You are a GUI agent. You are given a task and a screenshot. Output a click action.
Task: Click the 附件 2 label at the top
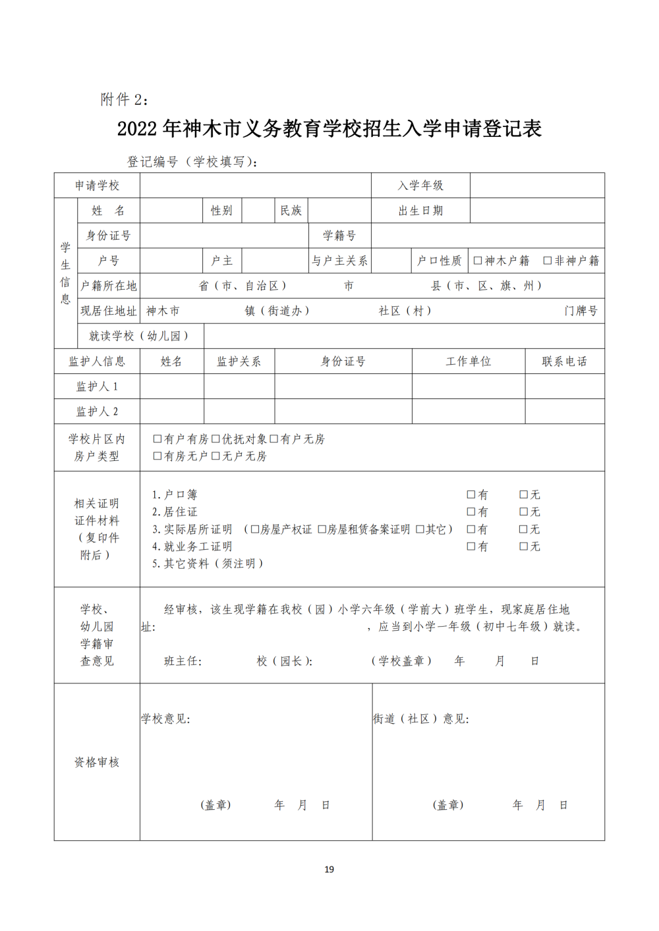point(124,99)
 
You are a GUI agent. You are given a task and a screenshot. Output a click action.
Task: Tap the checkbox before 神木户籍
point(478,261)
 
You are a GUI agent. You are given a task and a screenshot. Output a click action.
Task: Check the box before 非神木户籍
point(547,261)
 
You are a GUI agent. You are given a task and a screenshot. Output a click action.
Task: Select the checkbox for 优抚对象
point(215,439)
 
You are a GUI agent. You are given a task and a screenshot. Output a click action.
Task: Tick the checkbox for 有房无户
point(158,456)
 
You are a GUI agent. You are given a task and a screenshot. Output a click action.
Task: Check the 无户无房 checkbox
point(215,456)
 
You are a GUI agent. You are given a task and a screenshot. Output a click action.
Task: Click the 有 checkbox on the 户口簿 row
point(471,494)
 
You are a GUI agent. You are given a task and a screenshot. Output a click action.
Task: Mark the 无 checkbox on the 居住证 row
point(524,512)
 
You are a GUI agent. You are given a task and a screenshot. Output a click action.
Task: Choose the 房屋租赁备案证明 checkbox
point(322,529)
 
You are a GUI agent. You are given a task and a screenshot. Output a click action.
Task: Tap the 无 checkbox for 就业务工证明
point(524,546)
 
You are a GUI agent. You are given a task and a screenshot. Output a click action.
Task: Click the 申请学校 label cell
point(97,186)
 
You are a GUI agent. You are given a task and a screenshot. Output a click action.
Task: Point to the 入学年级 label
point(420,186)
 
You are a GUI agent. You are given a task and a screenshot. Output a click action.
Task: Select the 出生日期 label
point(420,211)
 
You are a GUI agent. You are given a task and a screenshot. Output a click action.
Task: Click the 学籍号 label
point(339,236)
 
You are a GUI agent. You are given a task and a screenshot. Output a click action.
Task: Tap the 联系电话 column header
point(564,361)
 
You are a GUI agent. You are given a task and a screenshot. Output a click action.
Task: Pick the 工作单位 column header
point(468,361)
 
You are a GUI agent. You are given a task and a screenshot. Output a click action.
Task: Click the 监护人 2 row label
point(97,412)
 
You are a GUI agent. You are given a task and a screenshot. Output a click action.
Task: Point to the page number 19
point(329,870)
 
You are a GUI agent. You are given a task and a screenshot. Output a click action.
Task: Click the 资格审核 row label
point(97,762)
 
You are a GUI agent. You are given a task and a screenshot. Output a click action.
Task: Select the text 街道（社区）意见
point(420,719)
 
